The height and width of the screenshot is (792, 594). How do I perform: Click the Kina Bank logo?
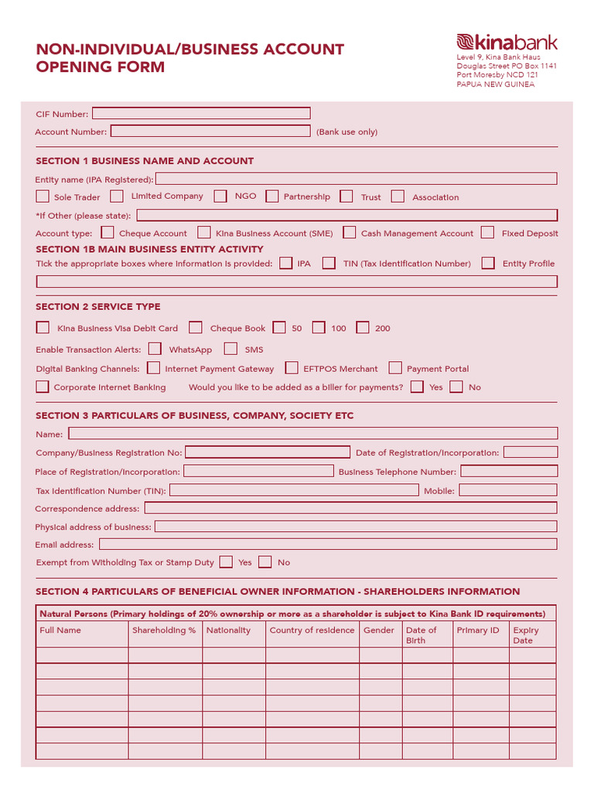507,43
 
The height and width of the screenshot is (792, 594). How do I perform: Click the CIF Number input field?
201,113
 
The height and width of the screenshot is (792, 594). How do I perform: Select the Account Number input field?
211,131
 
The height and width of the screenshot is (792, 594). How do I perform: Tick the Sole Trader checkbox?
43,196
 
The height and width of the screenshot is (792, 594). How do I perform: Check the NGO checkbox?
221,196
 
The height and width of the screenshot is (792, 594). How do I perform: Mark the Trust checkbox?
347,196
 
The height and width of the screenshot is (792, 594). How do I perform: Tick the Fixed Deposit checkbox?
487,232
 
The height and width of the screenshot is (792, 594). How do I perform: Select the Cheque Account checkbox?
108,232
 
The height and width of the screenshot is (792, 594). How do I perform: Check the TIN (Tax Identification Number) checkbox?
329,263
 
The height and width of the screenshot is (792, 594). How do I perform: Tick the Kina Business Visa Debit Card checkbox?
43,328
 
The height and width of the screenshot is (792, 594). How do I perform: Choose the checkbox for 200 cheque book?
363,328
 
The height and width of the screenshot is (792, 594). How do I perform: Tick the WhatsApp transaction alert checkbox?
155,349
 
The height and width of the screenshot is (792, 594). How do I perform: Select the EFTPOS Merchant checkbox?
292,368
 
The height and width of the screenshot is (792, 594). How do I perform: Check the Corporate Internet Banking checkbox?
43,387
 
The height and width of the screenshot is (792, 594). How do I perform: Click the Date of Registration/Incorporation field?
530,452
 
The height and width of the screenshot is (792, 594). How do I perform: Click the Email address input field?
328,544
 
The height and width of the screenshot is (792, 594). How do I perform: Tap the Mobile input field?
508,490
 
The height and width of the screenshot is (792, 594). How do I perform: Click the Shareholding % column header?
164,630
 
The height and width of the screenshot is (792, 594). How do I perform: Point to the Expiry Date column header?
526,635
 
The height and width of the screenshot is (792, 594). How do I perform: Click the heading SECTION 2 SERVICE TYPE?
98,307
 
